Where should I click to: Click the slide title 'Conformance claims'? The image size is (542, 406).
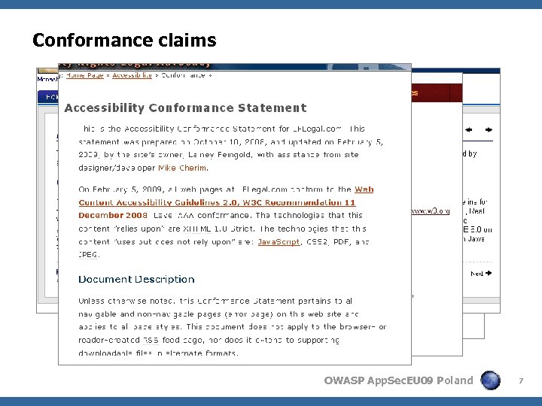[124, 40]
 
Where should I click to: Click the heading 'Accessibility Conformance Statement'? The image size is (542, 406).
[185, 108]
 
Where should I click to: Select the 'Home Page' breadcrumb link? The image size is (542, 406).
[85, 75]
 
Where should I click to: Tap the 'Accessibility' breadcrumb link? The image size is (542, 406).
[132, 75]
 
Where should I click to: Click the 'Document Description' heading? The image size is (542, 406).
[136, 279]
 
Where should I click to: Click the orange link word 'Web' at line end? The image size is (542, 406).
[364, 190]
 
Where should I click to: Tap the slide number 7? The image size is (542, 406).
[520, 381]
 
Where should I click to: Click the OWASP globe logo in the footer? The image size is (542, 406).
[491, 380]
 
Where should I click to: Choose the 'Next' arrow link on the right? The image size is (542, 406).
[480, 274]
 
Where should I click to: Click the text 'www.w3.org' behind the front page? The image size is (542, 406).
[431, 211]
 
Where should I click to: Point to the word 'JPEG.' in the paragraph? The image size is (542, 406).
[89, 255]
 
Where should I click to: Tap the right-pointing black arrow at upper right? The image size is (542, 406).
[488, 129]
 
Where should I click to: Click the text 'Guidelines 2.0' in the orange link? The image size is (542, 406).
[190, 203]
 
